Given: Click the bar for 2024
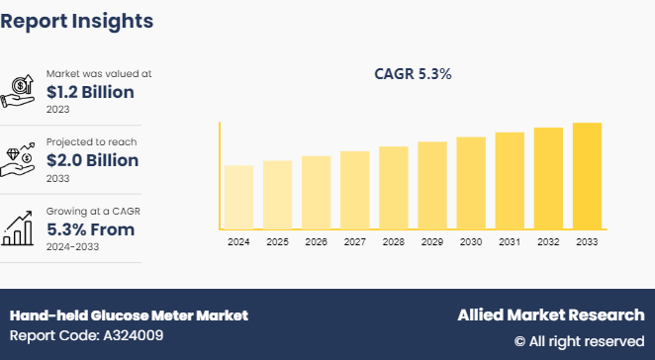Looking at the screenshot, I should (x=238, y=197).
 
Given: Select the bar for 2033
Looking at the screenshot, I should (x=587, y=176).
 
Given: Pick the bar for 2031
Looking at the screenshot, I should (x=510, y=180).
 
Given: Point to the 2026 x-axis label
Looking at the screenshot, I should (x=316, y=242).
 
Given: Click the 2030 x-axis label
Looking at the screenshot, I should (x=470, y=242).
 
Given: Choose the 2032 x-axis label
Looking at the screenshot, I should (x=548, y=242).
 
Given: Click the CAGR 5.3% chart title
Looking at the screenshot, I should (x=413, y=74).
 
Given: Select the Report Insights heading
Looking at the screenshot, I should (x=77, y=19).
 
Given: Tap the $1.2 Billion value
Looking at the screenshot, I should (x=90, y=92).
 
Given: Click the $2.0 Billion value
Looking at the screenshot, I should (x=92, y=160).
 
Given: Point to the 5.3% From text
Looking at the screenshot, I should (x=91, y=229).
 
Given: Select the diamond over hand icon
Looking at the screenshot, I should (x=21, y=160).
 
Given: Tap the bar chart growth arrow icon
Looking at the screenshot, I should (x=21, y=228).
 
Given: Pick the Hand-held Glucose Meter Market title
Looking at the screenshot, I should (x=129, y=315).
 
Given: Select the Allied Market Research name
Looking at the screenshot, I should (x=550, y=315).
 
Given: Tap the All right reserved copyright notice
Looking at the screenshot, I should (x=579, y=340).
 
